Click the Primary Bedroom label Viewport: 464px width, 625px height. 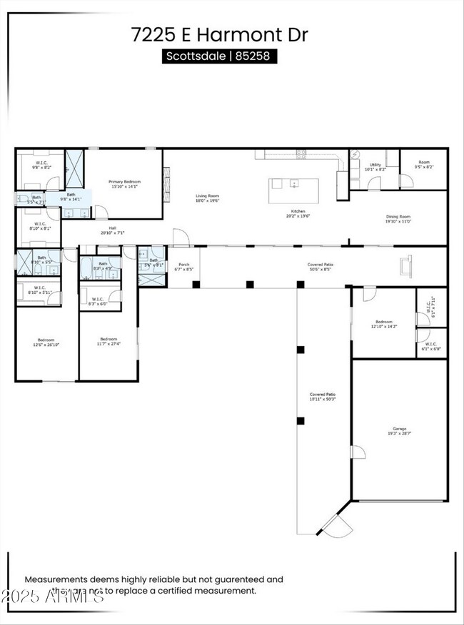coord(124,184)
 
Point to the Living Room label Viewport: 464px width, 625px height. coord(208,198)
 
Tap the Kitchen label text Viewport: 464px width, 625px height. coord(298,214)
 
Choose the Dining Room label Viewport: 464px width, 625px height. coord(398,218)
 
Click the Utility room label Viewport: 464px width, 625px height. coord(375,167)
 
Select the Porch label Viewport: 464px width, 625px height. coord(183,265)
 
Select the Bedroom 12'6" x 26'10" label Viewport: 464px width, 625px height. coord(46,342)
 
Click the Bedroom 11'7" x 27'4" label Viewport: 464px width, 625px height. coord(109,341)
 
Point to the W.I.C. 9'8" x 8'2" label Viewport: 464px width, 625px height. coord(41,165)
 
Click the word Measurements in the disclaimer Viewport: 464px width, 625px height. coord(54,580)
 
